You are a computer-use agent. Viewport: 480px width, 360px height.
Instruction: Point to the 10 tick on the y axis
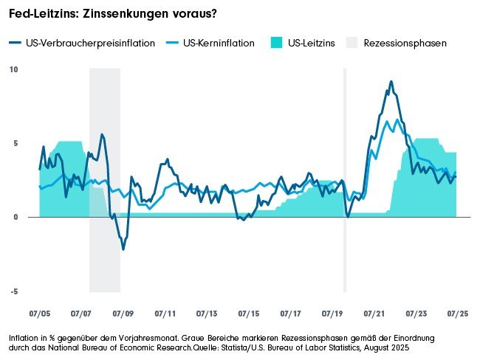click(13, 69)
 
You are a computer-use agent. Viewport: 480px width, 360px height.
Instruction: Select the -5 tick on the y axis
click(13, 291)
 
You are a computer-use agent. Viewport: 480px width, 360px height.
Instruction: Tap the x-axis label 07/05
click(39, 314)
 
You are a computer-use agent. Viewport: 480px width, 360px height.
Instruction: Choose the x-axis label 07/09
click(123, 314)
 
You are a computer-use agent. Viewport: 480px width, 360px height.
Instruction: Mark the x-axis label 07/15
click(248, 314)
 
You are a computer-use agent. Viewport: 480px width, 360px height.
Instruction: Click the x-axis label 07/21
click(374, 314)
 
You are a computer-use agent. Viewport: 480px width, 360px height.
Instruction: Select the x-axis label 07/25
click(457, 314)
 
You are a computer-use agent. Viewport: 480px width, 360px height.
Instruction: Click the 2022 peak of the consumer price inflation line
click(391, 82)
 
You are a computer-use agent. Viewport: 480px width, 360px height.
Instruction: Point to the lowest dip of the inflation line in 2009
click(123, 249)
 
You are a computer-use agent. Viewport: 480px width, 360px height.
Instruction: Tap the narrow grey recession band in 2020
click(345, 177)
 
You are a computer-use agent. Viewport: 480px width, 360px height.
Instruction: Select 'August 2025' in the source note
click(387, 346)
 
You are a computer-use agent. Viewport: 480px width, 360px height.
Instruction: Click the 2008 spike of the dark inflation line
click(102, 134)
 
